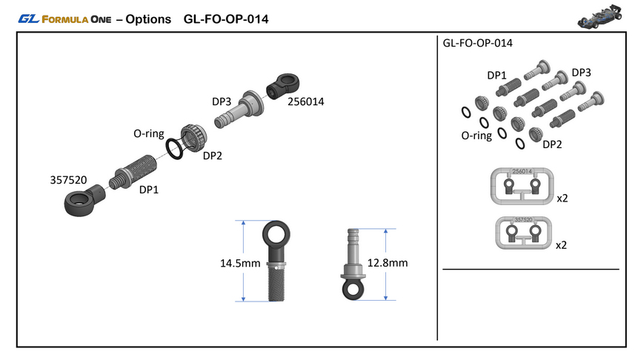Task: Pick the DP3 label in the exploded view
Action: click(x=222, y=101)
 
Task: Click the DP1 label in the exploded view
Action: click(x=150, y=190)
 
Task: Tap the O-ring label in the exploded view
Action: click(x=149, y=134)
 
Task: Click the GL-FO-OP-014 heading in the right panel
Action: click(x=477, y=44)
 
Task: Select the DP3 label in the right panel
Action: click(x=581, y=73)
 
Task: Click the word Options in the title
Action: click(x=148, y=19)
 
